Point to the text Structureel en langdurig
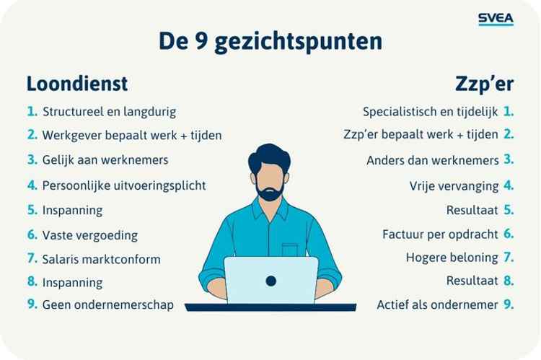click(x=109, y=113)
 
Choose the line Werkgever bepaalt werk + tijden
click(x=131, y=135)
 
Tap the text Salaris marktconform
click(x=101, y=258)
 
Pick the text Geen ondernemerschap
click(x=107, y=304)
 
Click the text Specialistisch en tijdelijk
click(x=430, y=113)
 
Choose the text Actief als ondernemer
click(x=437, y=304)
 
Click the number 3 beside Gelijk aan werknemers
click(x=32, y=159)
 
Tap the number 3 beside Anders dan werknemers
click(x=509, y=159)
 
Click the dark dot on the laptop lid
click(x=271, y=279)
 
